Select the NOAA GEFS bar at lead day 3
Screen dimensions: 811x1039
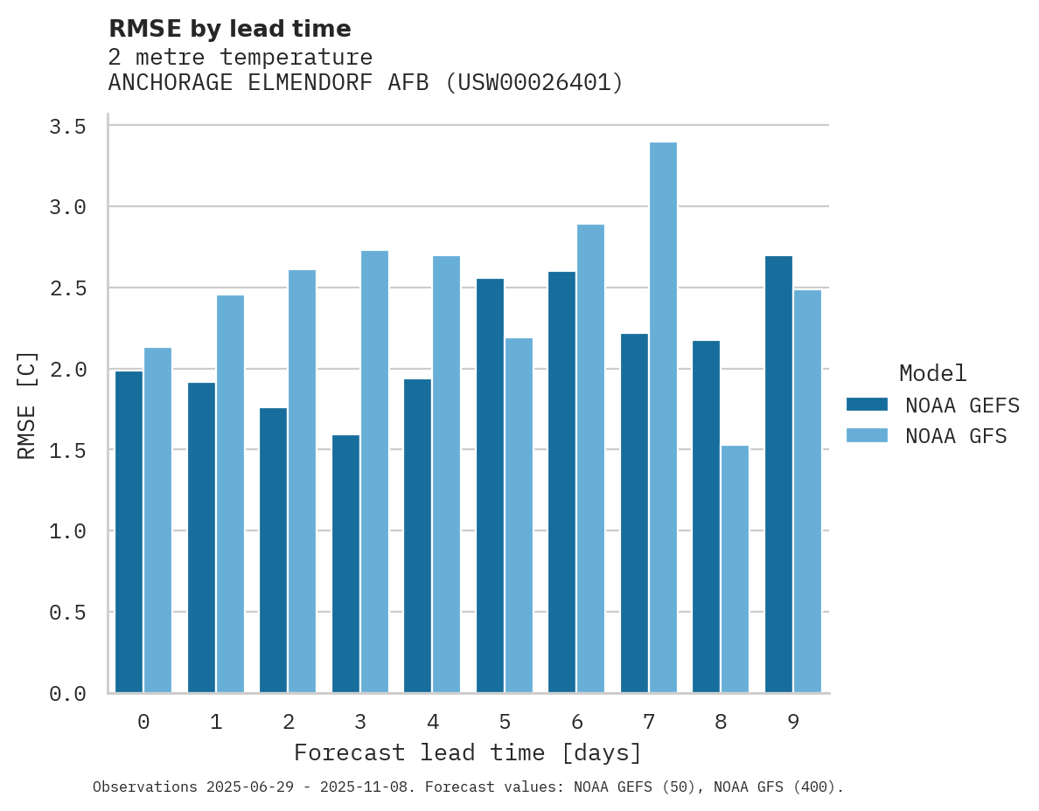345,564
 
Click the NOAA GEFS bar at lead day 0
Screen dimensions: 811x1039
129,532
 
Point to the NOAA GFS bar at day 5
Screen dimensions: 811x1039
519,516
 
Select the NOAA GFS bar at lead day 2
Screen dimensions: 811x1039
302,482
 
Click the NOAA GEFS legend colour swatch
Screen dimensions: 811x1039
867,405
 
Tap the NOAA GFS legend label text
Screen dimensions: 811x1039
956,436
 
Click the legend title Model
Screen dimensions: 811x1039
932,374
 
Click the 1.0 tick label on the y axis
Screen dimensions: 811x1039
67,531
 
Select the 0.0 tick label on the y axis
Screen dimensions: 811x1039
67,694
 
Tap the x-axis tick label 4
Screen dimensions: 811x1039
432,722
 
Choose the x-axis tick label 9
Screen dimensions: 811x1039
792,722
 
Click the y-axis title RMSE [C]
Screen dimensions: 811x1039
27,405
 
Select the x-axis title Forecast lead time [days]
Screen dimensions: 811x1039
468,753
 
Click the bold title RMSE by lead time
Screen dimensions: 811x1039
229,29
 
